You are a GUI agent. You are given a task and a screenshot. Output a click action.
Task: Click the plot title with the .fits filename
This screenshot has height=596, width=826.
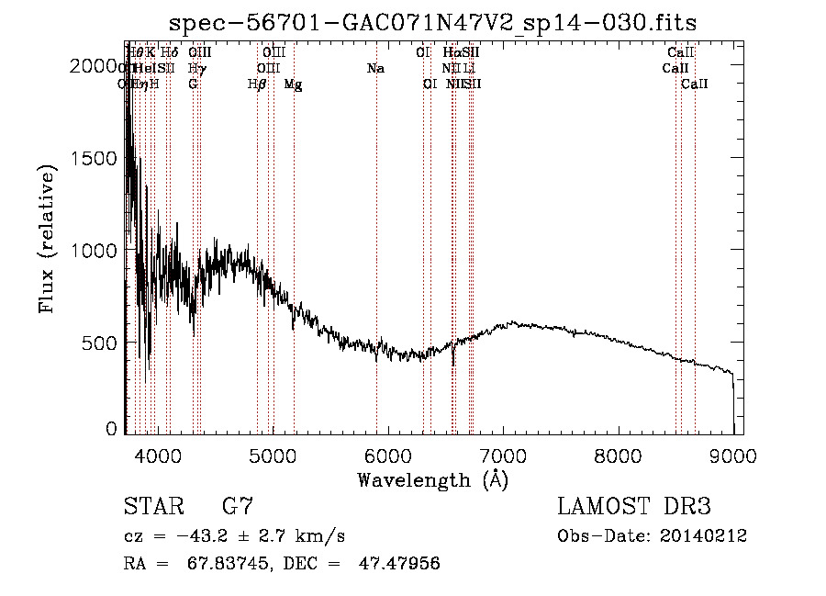436,23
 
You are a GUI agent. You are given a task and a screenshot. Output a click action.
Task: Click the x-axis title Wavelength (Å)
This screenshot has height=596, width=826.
432,479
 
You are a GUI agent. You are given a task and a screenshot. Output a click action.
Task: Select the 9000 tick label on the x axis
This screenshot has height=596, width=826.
733,455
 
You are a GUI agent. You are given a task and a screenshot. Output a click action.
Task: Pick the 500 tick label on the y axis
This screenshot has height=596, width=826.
104,343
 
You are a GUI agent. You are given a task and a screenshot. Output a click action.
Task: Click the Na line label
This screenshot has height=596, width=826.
374,69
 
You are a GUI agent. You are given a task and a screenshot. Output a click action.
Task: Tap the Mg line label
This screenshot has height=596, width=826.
294,84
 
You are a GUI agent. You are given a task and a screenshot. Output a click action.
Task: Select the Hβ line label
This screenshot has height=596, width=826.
258,84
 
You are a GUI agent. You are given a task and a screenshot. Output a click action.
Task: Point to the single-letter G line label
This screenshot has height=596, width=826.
193,84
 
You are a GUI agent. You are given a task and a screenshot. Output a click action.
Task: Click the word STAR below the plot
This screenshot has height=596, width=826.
151,507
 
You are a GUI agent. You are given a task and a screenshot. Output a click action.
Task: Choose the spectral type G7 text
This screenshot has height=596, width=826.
238,507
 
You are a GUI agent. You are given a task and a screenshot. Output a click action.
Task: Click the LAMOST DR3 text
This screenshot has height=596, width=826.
634,507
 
